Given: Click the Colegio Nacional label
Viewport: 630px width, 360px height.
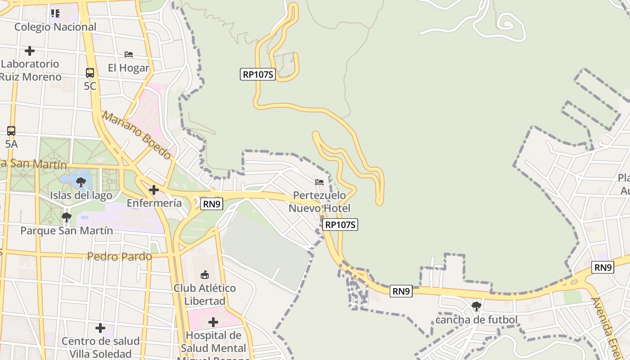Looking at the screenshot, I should click(x=55, y=27).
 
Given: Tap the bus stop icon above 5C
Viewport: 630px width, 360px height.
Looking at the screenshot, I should click(x=90, y=72).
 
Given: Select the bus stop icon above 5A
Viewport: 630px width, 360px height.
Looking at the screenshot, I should click(x=11, y=131).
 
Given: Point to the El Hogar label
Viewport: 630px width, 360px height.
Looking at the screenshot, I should click(x=128, y=68).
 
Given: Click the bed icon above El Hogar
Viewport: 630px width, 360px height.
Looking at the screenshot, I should click(x=129, y=54).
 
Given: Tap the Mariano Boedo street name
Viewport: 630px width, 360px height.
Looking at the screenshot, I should click(x=136, y=135).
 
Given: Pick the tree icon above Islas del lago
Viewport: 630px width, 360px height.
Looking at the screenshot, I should click(x=81, y=182).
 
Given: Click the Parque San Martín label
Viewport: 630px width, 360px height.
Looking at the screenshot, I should click(x=67, y=231).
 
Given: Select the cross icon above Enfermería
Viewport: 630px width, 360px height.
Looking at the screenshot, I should click(x=154, y=190).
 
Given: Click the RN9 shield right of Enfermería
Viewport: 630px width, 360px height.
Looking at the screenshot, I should click(x=212, y=204).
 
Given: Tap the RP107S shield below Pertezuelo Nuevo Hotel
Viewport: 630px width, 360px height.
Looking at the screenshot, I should click(x=341, y=225).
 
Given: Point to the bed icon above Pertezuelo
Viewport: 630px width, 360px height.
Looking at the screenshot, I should click(x=319, y=182).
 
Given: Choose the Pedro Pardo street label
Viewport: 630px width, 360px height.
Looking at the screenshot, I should click(x=119, y=256).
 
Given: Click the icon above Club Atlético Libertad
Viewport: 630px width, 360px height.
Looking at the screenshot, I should click(x=205, y=274).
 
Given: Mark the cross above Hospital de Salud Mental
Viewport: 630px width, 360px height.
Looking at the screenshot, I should click(x=213, y=322).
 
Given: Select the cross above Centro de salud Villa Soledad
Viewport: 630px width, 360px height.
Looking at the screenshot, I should click(x=100, y=328).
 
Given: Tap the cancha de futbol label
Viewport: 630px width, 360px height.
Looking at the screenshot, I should click(x=476, y=320).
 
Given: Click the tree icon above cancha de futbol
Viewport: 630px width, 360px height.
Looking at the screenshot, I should click(x=477, y=307).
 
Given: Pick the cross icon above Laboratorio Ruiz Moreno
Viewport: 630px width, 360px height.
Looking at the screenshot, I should click(x=30, y=51).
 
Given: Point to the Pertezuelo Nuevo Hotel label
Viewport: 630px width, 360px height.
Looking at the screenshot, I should click(x=319, y=202).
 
